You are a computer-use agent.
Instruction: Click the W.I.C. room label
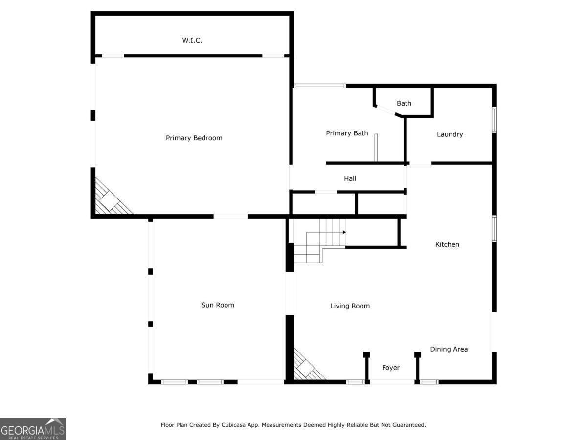pos(192,40)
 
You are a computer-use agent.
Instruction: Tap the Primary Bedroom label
pos(194,138)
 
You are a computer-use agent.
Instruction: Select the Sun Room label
pos(218,305)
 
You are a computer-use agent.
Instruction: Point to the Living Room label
pos(350,306)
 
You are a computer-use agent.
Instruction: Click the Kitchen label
pos(447,244)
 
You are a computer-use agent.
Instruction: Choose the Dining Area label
pos(449,349)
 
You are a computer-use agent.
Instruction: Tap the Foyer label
pos(391,368)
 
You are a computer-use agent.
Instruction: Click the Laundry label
pos(450,134)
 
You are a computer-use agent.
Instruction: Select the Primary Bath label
pos(347,133)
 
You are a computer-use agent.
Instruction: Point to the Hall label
pos(350,178)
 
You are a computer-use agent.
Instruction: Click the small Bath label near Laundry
pos(404,103)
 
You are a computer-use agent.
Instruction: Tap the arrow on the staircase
pos(344,232)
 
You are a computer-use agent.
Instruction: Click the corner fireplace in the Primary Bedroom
pos(111,199)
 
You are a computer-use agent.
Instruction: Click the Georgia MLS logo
pos(33,429)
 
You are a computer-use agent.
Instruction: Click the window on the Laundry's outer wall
pos(494,120)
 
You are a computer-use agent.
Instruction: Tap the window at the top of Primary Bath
pos(320,86)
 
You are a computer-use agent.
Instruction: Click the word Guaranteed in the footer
pos(407,425)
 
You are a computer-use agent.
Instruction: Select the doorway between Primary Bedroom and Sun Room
pos(230,216)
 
